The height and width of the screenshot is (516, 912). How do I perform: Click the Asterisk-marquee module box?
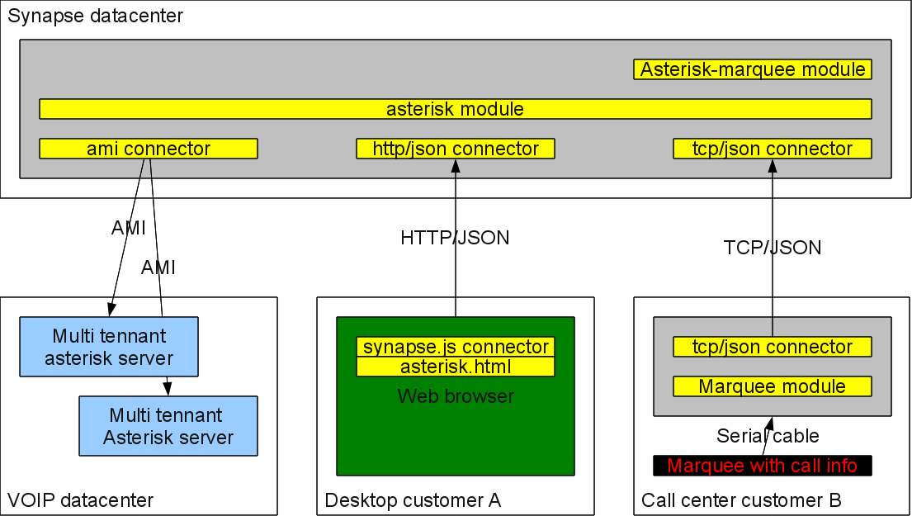click(x=753, y=69)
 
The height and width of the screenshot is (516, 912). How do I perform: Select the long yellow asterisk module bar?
click(x=456, y=109)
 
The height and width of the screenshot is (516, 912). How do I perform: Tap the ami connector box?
click(x=149, y=149)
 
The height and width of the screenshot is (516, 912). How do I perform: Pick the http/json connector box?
click(x=456, y=149)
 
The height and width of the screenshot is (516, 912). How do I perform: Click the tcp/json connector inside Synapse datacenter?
click(x=773, y=149)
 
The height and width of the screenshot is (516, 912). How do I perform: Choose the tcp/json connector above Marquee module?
click(x=773, y=347)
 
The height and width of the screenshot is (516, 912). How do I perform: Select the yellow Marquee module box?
click(x=773, y=386)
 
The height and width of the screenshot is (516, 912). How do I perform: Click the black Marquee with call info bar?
click(x=763, y=466)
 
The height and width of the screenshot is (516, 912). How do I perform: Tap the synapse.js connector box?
click(x=456, y=347)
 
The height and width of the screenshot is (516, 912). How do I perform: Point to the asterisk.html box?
click(x=456, y=367)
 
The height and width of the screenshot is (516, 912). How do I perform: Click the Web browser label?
click(x=456, y=396)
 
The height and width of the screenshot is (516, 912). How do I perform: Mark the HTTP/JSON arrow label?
click(x=455, y=237)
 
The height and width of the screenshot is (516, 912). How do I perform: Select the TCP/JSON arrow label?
click(x=773, y=248)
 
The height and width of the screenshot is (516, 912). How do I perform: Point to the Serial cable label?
click(x=768, y=436)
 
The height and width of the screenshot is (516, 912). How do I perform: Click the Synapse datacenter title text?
click(x=95, y=16)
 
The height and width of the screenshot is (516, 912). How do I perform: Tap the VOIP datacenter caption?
click(x=80, y=499)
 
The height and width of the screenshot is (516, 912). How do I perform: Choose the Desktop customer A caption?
click(x=413, y=499)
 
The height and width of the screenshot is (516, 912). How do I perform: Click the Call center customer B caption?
click(x=741, y=499)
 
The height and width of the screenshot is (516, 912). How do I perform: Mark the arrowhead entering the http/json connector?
click(x=456, y=165)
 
